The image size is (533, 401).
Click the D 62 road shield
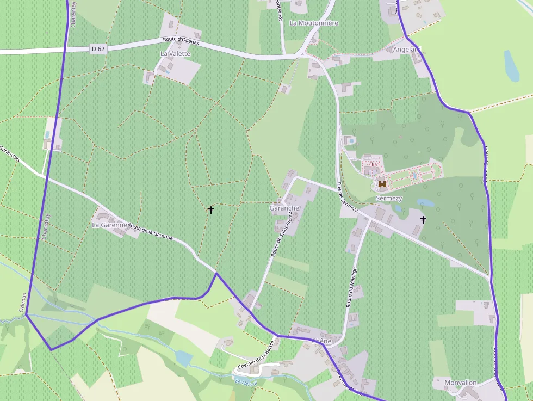pos(98,49)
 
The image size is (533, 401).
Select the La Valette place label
pos(175,54)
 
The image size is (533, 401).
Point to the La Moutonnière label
pos(314,23)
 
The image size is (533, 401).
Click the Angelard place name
pos(407,50)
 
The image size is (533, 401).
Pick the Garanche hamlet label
pos(284,208)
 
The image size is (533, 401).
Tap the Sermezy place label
pos(389,199)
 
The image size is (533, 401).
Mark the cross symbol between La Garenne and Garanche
pos(211,209)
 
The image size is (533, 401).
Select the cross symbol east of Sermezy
pos(423,219)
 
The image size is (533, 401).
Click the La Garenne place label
pos(109,225)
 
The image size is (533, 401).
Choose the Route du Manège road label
pos(351,287)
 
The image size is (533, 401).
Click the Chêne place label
pos(321,341)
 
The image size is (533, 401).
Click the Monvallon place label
pos(460,383)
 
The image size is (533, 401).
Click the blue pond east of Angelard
pos(511,66)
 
